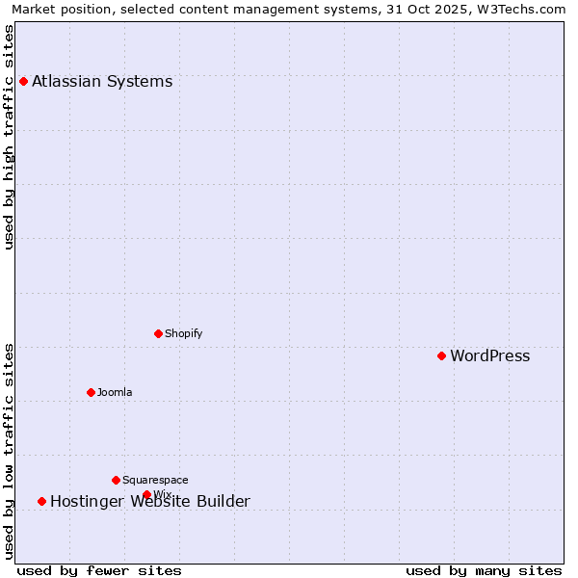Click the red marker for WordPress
point(441,355)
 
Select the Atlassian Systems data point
point(23,81)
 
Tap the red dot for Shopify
point(158,333)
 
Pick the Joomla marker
point(91,392)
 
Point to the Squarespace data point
point(116,480)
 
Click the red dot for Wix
point(146,494)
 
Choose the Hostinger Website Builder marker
point(41,501)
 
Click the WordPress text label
point(489,356)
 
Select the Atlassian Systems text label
point(102,81)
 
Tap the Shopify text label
point(183,333)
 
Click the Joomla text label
point(115,392)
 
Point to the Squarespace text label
point(155,480)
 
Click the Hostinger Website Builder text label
point(149,501)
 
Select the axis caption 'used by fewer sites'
point(99,570)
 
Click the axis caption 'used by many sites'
point(484,570)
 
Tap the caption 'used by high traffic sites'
point(9,137)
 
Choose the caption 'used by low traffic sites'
point(9,451)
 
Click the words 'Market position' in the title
point(58,9)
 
